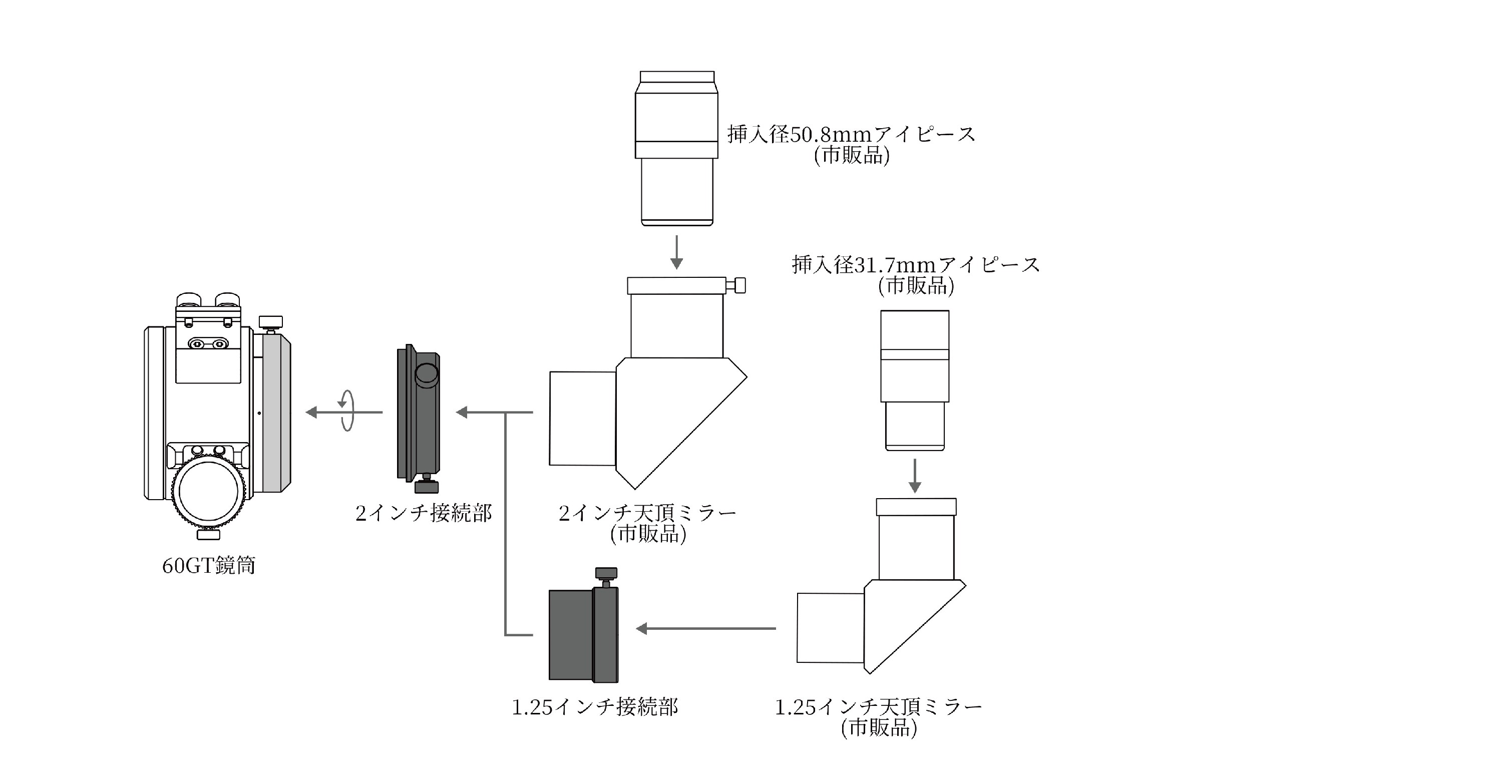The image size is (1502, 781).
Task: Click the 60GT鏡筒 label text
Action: point(209,565)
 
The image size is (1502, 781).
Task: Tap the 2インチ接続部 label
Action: point(424,513)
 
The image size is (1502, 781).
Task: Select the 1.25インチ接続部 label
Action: point(595,707)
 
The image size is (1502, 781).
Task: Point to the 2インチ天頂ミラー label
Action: point(647,513)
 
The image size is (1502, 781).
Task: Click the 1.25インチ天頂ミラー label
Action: point(878,707)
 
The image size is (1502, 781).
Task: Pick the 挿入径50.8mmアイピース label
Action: point(851,135)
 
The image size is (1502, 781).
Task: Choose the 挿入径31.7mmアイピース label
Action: point(915,265)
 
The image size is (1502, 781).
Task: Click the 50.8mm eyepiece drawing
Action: point(676,149)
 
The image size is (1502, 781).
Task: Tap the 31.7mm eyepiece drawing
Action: point(914,379)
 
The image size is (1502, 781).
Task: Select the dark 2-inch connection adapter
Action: point(419,414)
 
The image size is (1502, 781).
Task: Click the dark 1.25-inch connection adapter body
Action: point(583,635)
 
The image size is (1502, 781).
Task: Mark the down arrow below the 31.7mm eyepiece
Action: point(915,476)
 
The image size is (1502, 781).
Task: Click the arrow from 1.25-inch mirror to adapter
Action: point(705,628)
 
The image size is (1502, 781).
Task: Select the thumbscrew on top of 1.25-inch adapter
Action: point(606,575)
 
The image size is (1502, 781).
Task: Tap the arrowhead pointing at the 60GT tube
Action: point(312,412)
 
